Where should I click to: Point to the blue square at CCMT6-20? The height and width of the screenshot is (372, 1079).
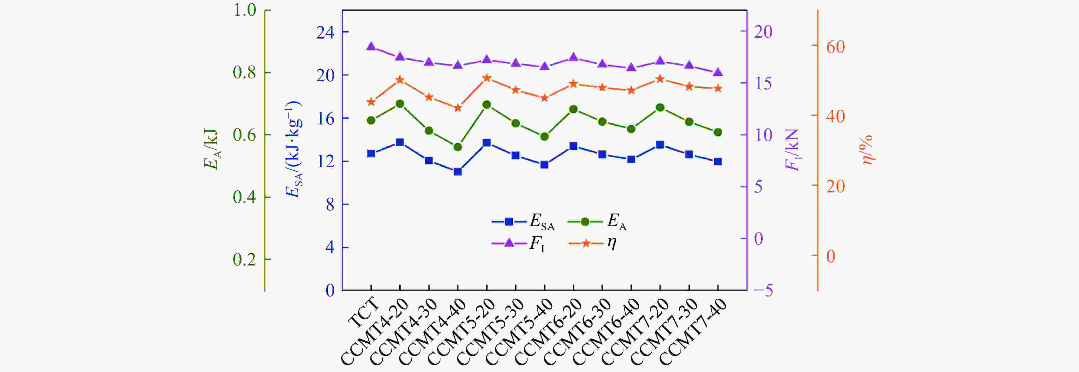coord(573,146)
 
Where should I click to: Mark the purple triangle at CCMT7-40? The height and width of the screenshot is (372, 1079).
coord(718,72)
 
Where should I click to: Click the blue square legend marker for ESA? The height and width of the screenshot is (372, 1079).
coord(509,221)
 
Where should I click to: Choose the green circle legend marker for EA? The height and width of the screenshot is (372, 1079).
coord(585,221)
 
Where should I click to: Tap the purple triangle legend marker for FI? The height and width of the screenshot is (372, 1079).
coord(509,243)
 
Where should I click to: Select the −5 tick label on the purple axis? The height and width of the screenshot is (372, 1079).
coord(763,290)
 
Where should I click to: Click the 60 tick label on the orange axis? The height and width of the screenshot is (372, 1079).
coord(835,47)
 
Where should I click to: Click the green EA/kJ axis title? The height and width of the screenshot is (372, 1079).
coord(211,149)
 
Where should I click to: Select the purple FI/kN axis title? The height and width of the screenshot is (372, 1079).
coord(792,150)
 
